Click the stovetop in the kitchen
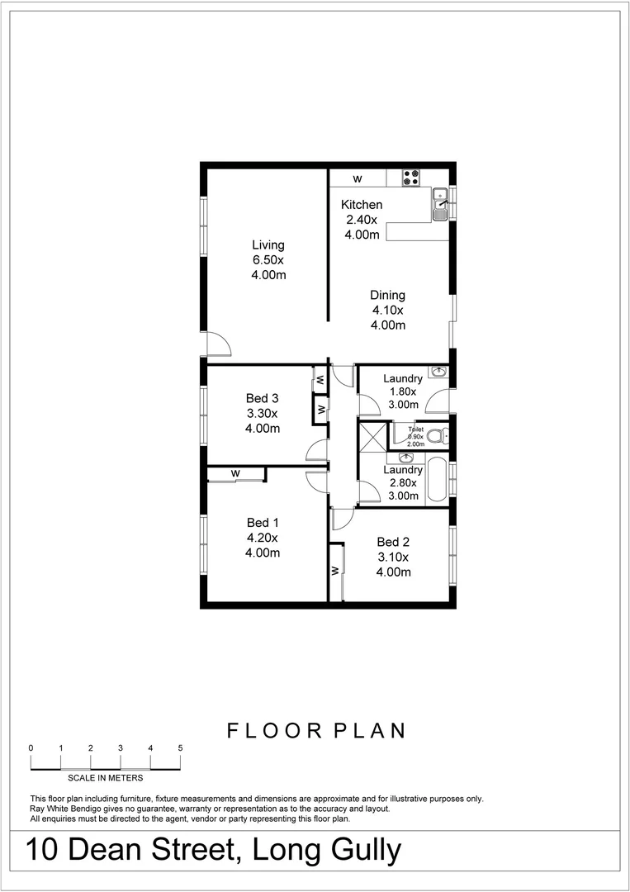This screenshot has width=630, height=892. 411,177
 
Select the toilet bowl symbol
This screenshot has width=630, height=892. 440,435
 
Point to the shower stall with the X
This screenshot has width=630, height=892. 373,436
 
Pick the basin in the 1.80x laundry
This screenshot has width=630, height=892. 438,372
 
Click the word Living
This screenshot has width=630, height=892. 268,244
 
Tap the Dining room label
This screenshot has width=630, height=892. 387,295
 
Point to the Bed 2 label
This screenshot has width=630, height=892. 393,542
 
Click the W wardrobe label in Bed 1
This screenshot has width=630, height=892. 235,473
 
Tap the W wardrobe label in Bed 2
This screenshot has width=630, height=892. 335,571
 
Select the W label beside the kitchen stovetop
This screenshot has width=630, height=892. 358,178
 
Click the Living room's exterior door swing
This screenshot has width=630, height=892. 217,344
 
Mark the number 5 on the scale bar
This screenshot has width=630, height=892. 180,747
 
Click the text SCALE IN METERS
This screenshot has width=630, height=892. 106,777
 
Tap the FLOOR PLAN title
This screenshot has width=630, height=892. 316,730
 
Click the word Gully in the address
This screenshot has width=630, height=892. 361,851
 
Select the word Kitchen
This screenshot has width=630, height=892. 362,205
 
